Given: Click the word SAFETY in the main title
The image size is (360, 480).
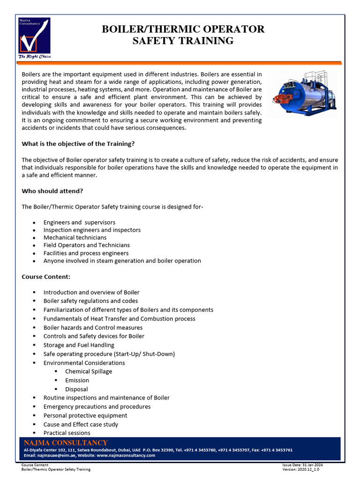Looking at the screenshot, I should pyautogui.click(x=155, y=41).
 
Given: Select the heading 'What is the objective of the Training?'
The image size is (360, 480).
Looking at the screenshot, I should pyautogui.click(x=78, y=144).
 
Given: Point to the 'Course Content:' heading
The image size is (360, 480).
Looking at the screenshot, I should pyautogui.click(x=46, y=277).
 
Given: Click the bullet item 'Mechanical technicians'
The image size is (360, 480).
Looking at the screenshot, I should pyautogui.click(x=75, y=238).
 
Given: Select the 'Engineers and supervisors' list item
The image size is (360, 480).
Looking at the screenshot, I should pyautogui.click(x=79, y=222).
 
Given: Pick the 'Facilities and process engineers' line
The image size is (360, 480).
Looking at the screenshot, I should pyautogui.click(x=86, y=253).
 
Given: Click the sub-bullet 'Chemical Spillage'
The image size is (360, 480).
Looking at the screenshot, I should pyautogui.click(x=89, y=371).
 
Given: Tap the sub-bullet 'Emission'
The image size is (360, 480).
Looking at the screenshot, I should pyautogui.click(x=77, y=380).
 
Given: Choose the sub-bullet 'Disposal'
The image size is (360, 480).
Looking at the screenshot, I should pyautogui.click(x=76, y=389).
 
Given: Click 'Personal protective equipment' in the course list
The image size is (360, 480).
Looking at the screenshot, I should pyautogui.click(x=85, y=415).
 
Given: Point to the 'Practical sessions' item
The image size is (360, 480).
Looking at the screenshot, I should pyautogui.click(x=67, y=433).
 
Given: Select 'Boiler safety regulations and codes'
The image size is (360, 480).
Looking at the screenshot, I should pyautogui.click(x=90, y=301).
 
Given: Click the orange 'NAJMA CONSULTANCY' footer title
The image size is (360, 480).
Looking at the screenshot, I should pyautogui.click(x=66, y=443).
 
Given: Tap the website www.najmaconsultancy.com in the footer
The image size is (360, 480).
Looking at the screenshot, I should pyautogui.click(x=126, y=455).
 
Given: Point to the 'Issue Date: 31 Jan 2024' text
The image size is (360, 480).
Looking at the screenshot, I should pyautogui.click(x=302, y=465).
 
